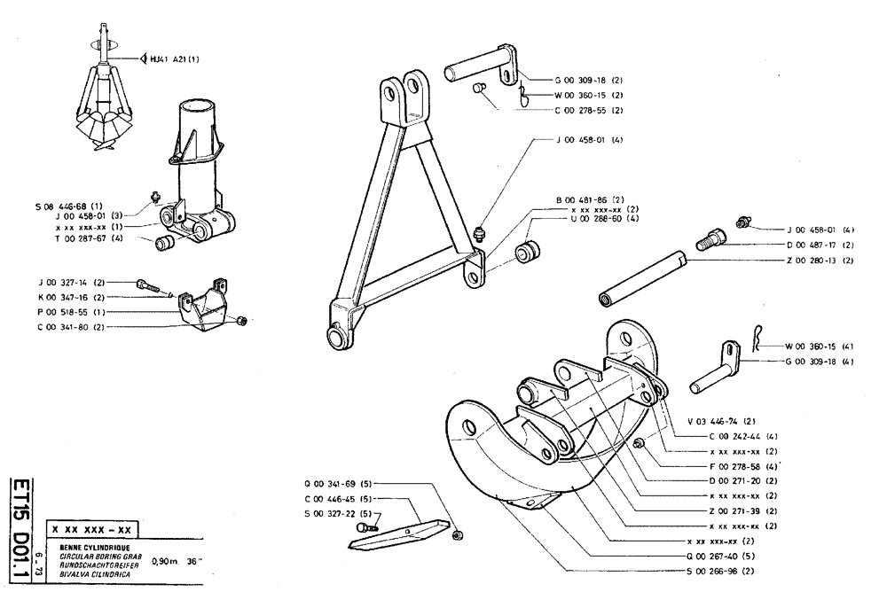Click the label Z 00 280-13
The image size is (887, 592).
point(819,261)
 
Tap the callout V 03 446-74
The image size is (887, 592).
point(719,421)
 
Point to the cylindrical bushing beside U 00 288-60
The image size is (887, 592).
point(530,251)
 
